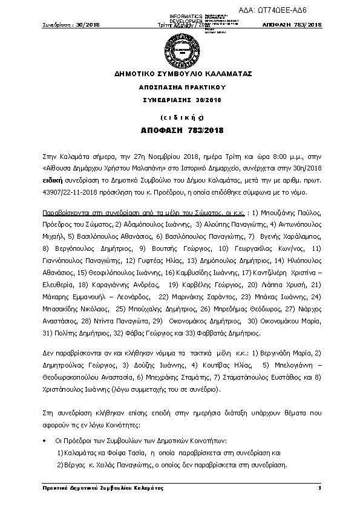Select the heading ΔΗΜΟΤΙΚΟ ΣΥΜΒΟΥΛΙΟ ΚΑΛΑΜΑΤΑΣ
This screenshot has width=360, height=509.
coord(179,74)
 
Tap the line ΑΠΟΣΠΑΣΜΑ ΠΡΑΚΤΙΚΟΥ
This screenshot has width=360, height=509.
coord(179,88)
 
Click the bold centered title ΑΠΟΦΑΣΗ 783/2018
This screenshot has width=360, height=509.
coord(179,130)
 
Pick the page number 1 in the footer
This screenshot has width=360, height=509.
coord(318,488)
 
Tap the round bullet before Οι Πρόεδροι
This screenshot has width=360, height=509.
coord(45,441)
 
